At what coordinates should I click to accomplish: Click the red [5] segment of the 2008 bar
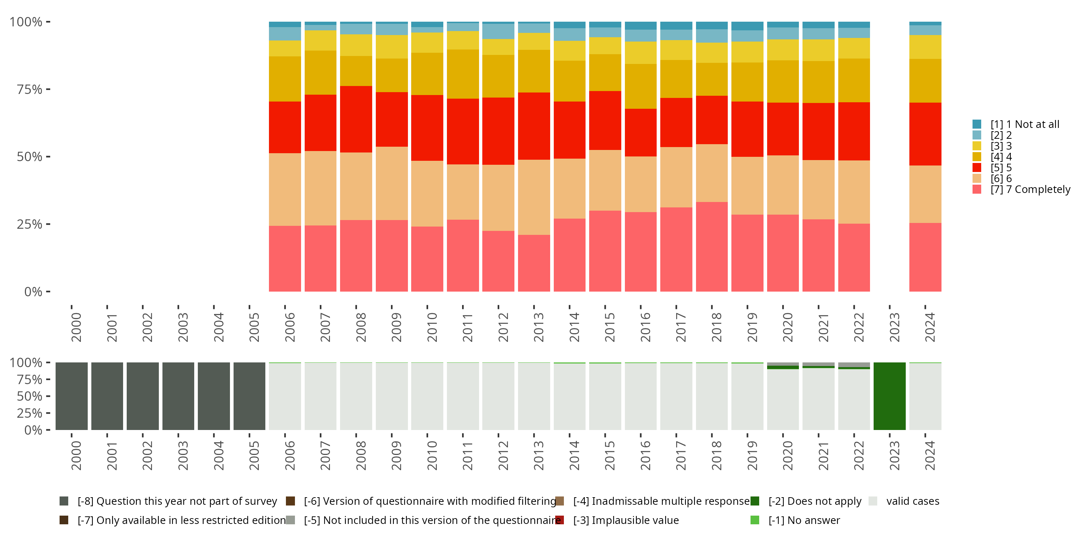click(x=356, y=119)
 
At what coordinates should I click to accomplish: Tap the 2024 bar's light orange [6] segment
click(x=925, y=194)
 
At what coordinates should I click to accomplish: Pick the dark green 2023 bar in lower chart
click(x=889, y=396)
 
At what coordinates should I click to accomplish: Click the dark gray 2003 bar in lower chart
click(x=178, y=396)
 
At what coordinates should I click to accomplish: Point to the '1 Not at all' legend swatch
click(x=977, y=124)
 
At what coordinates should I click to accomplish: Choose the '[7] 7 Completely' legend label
click(x=1030, y=189)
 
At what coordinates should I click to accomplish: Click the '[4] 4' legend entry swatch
click(x=977, y=156)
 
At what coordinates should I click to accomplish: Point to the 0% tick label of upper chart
click(x=33, y=292)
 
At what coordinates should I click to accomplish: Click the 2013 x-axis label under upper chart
click(x=539, y=327)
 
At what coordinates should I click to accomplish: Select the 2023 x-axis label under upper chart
click(x=894, y=327)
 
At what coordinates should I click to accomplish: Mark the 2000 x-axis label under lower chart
click(x=76, y=456)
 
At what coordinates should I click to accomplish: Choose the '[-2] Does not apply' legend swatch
click(x=754, y=501)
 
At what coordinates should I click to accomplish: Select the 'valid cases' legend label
click(x=912, y=501)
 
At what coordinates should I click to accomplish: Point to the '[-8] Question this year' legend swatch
click(x=64, y=501)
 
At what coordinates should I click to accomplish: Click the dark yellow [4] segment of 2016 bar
click(x=640, y=86)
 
